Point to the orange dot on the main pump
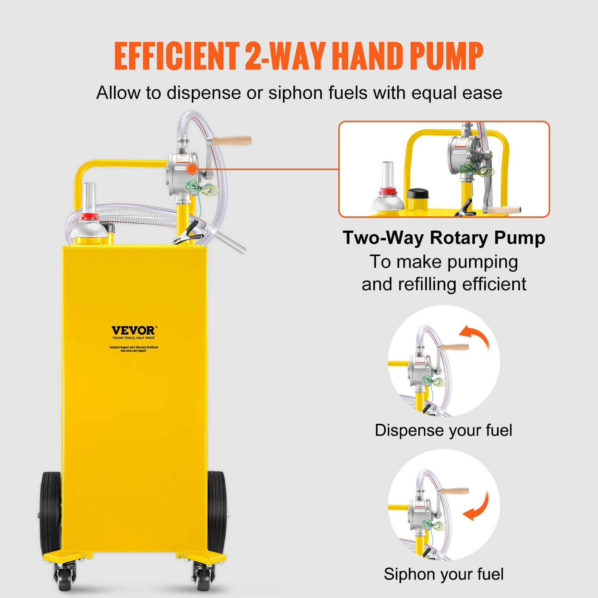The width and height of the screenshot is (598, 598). tap(192, 169)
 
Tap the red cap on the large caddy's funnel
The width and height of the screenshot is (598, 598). tap(89, 216)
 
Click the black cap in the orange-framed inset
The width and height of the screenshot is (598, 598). tap(418, 194)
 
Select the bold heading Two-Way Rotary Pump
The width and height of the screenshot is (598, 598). tap(444, 238)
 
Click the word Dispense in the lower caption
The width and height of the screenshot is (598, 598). tap(410, 431)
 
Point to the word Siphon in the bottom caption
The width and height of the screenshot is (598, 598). tap(405, 574)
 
